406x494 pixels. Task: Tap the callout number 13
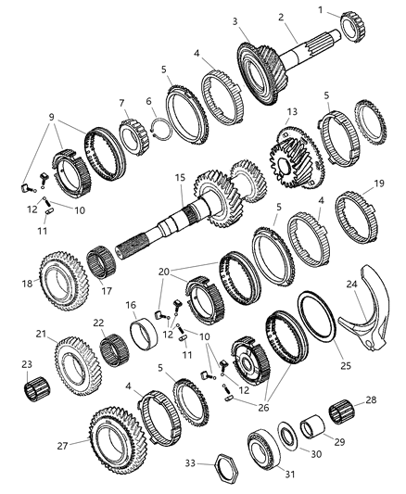tap(292, 111)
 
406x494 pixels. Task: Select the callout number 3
tap(236, 20)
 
